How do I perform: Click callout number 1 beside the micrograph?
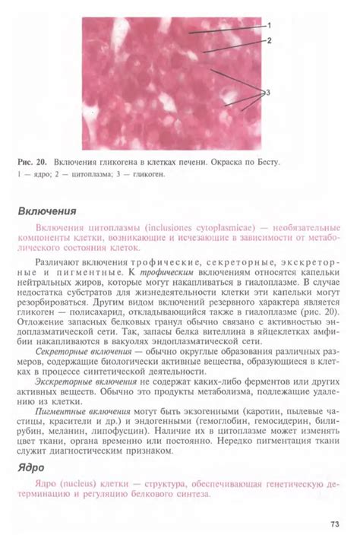click(269, 24)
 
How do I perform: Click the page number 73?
click(334, 524)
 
